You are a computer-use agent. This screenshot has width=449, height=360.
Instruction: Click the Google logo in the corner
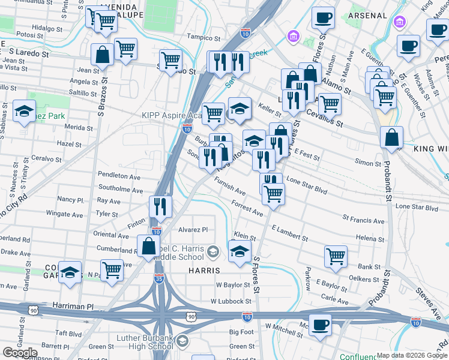click(20, 353)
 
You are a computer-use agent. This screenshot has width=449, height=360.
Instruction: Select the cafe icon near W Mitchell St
click(320, 325)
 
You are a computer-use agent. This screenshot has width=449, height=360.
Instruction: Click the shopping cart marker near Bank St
click(336, 256)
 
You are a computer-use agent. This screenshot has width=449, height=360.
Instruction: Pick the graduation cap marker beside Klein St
click(240, 251)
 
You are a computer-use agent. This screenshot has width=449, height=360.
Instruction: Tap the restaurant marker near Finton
click(160, 206)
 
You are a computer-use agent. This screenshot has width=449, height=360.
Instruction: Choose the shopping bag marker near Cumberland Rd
click(148, 245)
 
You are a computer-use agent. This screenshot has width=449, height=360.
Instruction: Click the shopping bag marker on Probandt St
click(391, 137)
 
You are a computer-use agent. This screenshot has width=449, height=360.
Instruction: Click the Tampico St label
click(200, 36)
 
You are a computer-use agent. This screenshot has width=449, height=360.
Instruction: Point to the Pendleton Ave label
click(118, 176)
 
